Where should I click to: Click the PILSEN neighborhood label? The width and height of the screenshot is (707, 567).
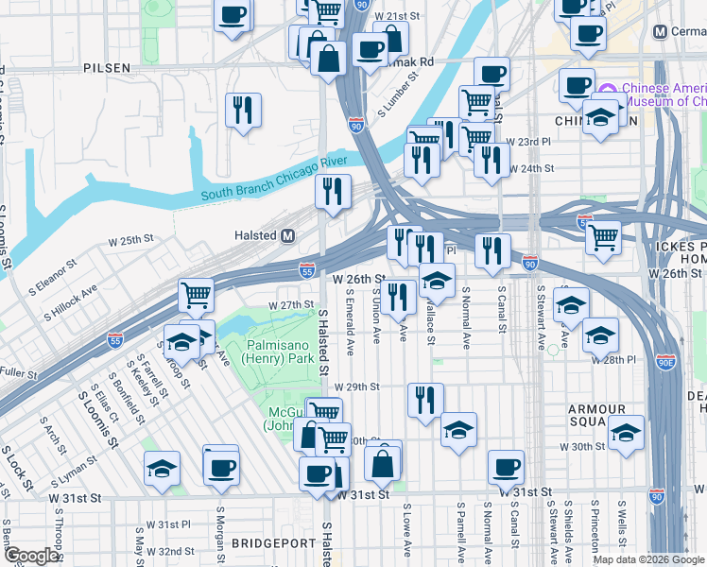[x=107, y=68]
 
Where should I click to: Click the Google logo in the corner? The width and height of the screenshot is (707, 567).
[x=31, y=556]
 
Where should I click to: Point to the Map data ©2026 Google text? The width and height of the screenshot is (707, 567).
[x=648, y=559]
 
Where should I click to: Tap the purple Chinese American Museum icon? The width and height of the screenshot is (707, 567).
[x=607, y=93]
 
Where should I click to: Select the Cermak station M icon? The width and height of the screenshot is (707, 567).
[x=663, y=31]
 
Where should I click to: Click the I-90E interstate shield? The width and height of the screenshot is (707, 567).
[x=666, y=362]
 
